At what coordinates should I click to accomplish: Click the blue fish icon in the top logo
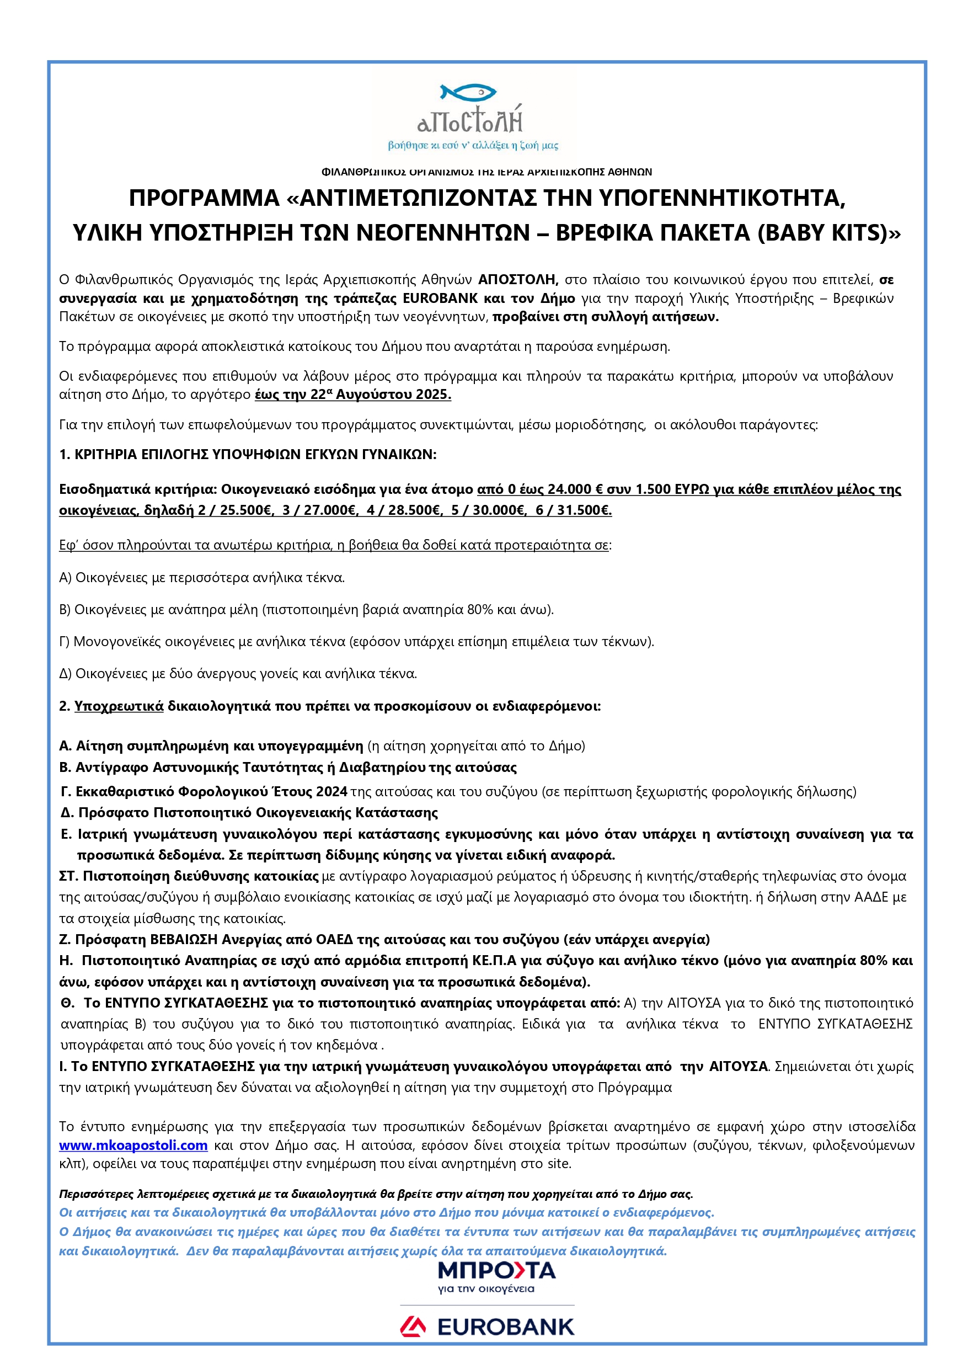[468, 92]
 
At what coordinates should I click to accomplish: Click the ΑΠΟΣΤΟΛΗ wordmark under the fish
[470, 120]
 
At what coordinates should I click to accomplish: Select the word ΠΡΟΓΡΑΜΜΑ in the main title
[204, 198]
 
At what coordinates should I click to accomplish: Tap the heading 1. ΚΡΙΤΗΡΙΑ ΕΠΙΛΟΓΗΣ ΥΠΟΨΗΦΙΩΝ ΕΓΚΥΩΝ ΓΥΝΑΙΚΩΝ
[247, 454]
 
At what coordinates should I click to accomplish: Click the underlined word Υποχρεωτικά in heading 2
[119, 706]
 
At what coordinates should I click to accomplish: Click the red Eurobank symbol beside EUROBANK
[413, 1327]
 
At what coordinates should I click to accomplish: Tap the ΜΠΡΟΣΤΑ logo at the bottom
[496, 1271]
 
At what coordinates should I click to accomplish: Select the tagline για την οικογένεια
[486, 1289]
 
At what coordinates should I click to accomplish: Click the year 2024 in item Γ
[331, 792]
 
